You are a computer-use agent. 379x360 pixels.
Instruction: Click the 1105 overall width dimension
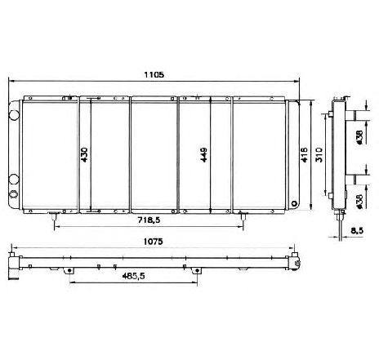tap(154, 74)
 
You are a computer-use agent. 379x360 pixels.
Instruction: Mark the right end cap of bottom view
tap(292, 262)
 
